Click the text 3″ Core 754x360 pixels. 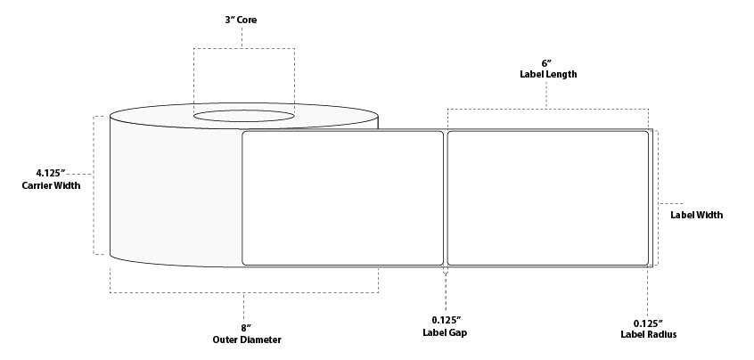click(241, 20)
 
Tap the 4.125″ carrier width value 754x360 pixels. click(51, 173)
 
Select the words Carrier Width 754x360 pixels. click(51, 185)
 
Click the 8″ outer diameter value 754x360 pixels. click(246, 328)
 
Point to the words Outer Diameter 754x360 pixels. click(247, 340)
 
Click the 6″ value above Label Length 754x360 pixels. click(546, 63)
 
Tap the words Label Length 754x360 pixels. click(548, 75)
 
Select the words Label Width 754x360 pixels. click(696, 215)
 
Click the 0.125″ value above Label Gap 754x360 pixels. click(446, 320)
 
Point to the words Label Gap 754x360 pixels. click(445, 332)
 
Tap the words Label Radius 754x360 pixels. click(648, 334)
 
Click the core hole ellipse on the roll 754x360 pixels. click(244, 116)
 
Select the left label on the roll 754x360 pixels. click(343, 198)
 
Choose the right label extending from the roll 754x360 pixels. click(548, 198)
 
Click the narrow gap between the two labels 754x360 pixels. click(446, 198)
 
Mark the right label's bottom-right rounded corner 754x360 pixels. click(647, 263)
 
